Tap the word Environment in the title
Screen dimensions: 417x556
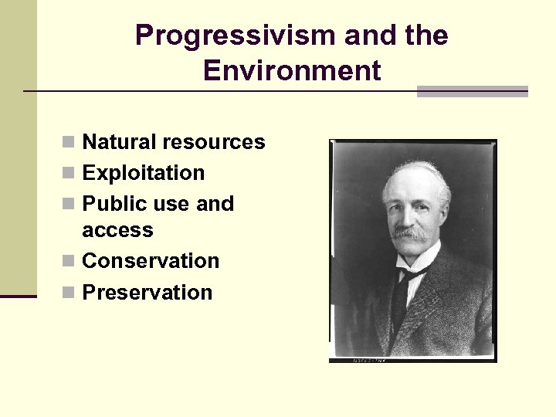point(292,71)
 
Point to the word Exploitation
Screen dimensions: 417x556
point(144,173)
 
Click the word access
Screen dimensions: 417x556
point(117,230)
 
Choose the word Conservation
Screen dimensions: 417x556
point(151,261)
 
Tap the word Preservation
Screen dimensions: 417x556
point(147,293)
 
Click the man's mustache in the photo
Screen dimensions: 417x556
point(409,231)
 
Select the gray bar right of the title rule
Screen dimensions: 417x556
point(472,91)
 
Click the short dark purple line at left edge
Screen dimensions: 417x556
point(18,295)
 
